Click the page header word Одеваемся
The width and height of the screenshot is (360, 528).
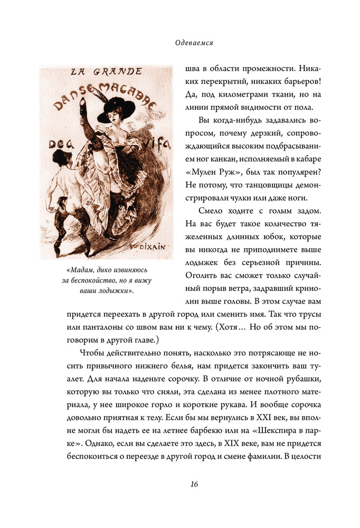coord(194,43)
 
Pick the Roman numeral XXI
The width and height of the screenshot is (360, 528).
coord(260,402)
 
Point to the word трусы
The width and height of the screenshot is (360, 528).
coord(307,314)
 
